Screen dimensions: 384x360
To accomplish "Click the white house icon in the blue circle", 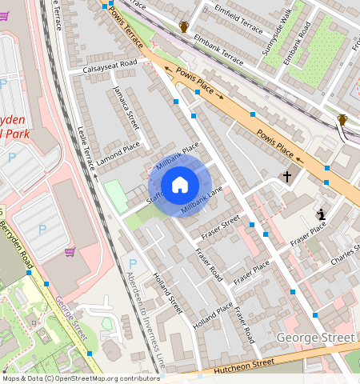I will tap(180, 185).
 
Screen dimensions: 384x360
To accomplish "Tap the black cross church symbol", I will tap(286, 176).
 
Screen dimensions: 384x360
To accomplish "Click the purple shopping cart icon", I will tap(70, 253).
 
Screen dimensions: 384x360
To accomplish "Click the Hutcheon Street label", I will tap(244, 366).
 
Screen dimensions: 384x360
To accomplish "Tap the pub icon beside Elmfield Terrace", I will tap(185, 27).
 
